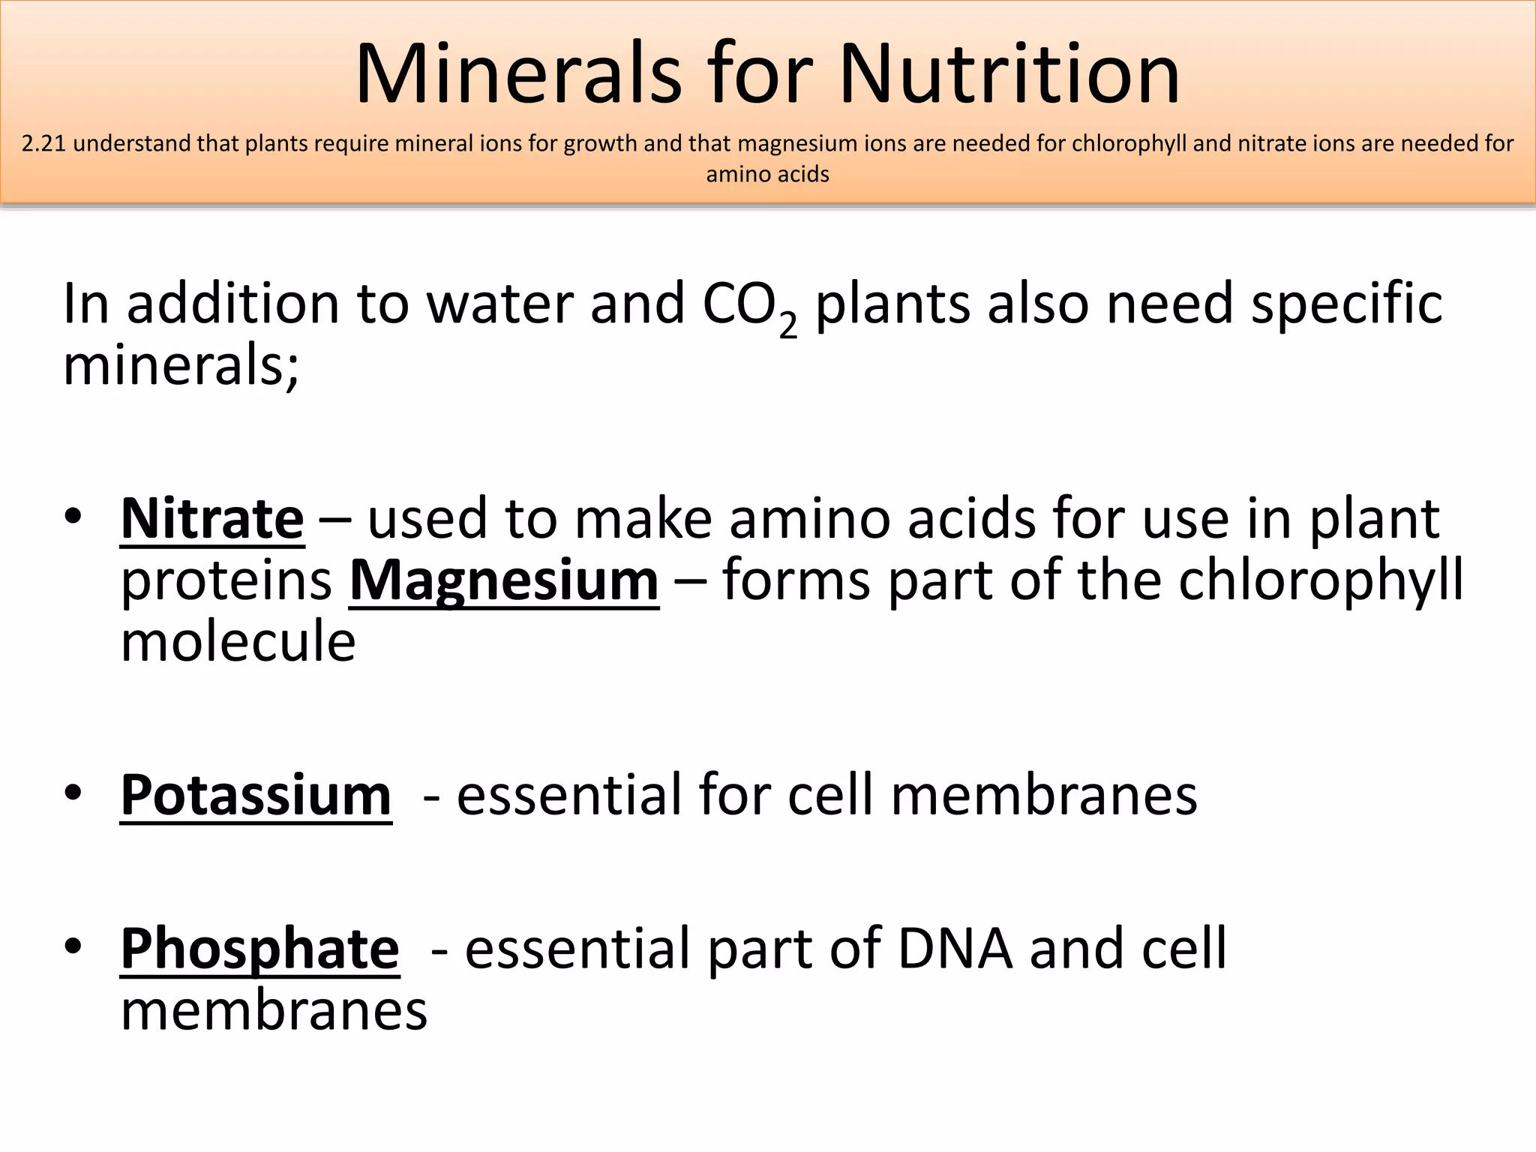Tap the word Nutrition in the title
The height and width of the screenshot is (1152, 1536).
(1009, 75)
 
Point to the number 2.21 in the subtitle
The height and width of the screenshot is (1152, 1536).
(44, 143)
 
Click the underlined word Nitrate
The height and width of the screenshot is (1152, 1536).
(212, 518)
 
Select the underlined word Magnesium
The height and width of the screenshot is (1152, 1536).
(504, 580)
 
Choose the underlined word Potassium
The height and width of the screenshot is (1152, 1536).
(256, 795)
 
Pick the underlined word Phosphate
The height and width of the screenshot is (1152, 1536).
(259, 949)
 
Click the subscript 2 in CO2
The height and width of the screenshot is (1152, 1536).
(787, 325)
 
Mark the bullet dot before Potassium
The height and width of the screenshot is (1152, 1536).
(73, 793)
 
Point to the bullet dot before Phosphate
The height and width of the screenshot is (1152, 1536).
(73, 946)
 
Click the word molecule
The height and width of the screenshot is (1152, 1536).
(238, 642)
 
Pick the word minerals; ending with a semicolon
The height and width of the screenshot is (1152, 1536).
(181, 366)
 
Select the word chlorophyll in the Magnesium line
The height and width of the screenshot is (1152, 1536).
(1320, 582)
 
